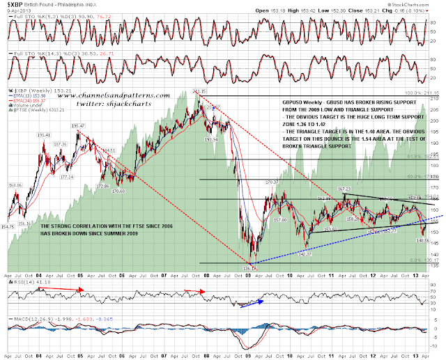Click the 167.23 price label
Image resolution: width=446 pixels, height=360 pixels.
[x=344, y=189]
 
